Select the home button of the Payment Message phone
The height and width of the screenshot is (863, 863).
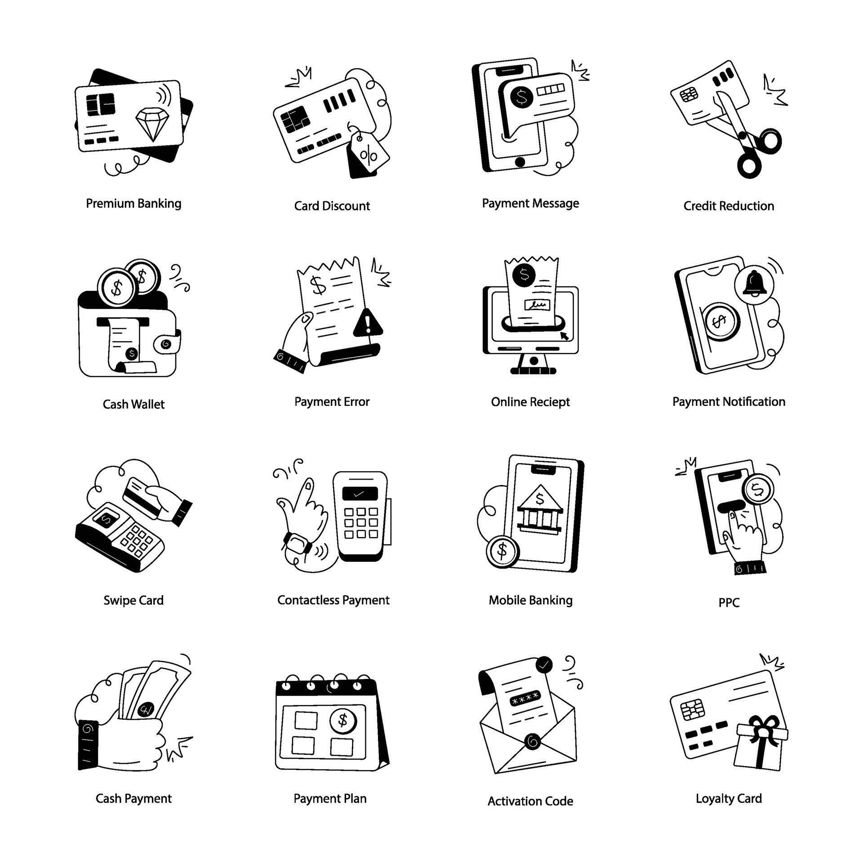(x=520, y=162)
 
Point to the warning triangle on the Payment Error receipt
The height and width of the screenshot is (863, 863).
(x=368, y=323)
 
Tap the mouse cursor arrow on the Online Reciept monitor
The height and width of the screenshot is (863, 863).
(x=563, y=334)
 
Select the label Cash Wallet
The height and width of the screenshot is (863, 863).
(x=133, y=405)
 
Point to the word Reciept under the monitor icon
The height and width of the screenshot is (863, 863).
(x=549, y=402)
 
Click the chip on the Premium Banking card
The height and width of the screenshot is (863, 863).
(x=100, y=105)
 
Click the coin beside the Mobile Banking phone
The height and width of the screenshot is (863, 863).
(x=503, y=550)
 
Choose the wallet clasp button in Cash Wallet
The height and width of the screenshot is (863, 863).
(x=165, y=344)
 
